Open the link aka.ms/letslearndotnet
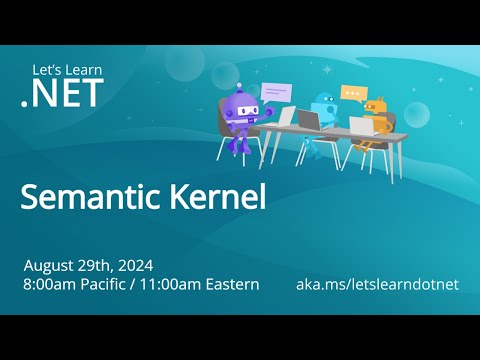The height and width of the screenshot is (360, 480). click(377, 285)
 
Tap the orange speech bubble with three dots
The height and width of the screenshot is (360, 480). click(354, 93)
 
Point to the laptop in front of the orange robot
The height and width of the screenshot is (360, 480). click(361, 126)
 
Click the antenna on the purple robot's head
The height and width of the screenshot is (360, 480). click(238, 86)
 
